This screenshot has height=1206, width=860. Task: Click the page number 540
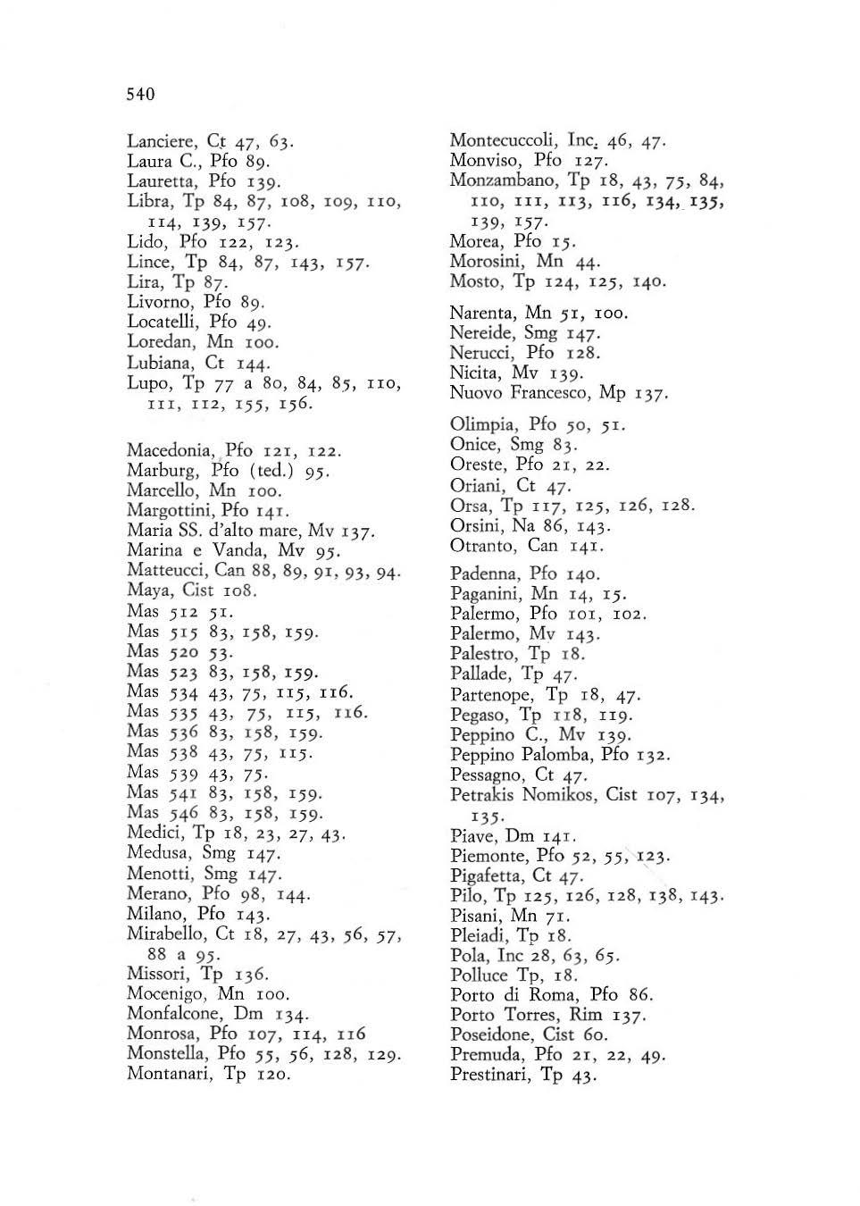[x=141, y=94]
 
